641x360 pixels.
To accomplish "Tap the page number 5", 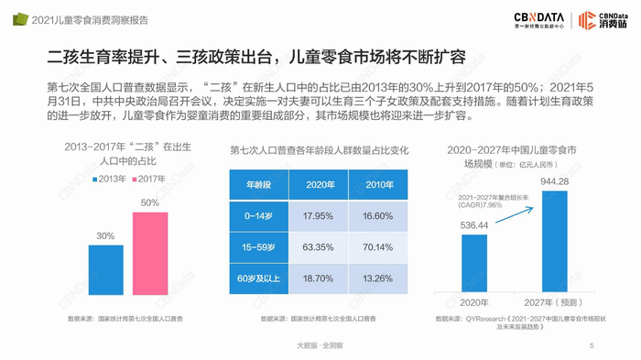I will tap(592, 345).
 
